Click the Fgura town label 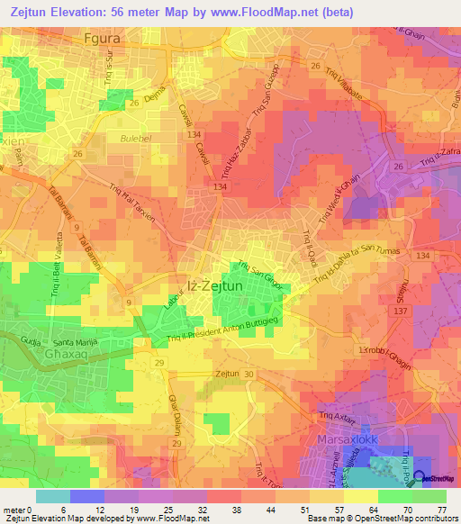coord(102,40)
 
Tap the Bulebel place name coord(137,139)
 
